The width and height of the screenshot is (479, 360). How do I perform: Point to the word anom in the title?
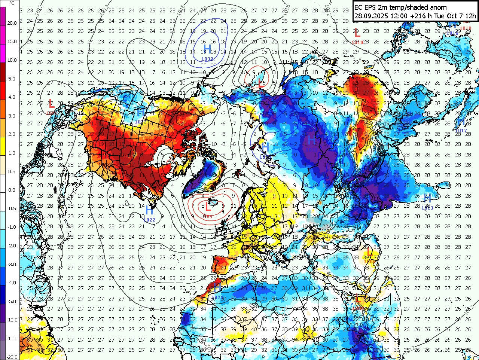(438, 7)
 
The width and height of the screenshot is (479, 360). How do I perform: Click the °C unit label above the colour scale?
(12, 3)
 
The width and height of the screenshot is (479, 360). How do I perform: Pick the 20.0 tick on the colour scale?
(12, 23)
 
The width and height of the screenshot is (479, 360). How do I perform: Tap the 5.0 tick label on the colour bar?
(12, 79)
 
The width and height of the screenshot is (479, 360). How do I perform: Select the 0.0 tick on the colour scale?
(12, 190)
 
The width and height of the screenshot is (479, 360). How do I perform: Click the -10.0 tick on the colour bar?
(12, 320)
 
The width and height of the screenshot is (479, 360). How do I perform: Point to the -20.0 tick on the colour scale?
(12, 357)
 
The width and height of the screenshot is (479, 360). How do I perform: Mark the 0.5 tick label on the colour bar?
(12, 171)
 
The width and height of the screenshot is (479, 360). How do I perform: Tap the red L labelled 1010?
(357, 33)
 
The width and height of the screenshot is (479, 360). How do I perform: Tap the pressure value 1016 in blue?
(453, 33)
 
